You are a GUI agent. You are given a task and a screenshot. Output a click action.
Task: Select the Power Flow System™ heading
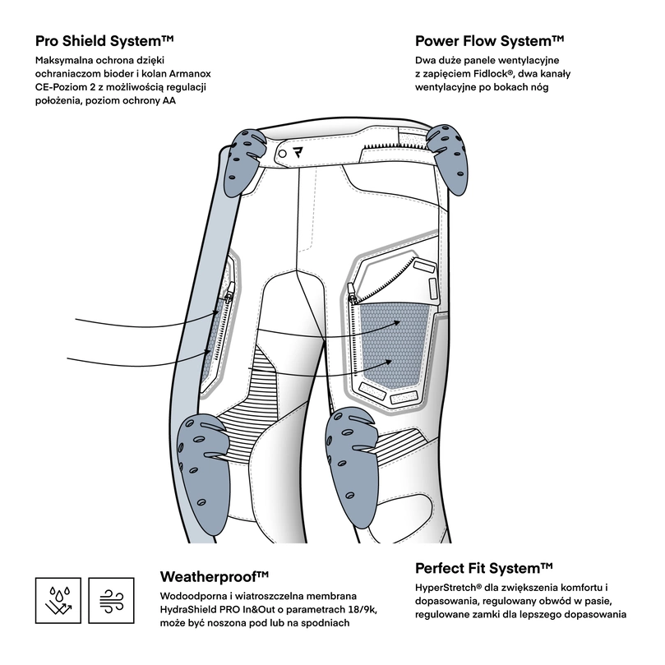point(489,40)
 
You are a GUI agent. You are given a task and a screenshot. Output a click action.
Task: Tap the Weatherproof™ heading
point(215,575)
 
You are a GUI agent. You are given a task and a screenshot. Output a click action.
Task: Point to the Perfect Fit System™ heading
point(483,568)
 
